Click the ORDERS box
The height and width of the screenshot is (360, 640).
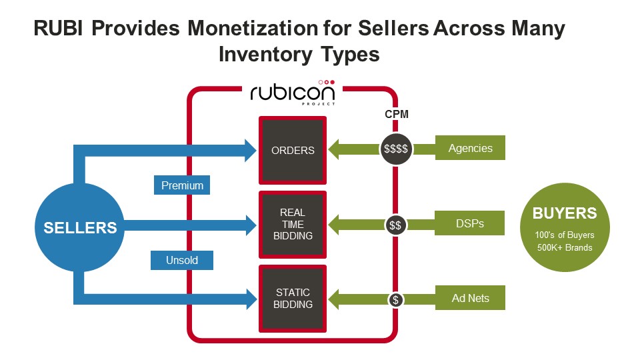(x=293, y=150)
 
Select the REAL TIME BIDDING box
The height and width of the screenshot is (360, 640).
(x=293, y=224)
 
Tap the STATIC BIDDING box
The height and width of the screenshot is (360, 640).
(x=293, y=298)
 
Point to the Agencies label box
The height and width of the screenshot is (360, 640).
(x=470, y=148)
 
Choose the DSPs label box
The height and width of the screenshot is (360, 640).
(x=470, y=224)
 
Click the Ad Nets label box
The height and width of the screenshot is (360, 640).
(x=470, y=298)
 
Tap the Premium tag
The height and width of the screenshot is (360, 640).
(x=182, y=185)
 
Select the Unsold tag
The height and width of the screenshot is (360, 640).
(x=182, y=260)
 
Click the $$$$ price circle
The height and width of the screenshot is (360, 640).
(x=396, y=149)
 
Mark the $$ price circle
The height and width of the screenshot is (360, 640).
(x=395, y=225)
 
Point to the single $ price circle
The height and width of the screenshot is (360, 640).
(x=395, y=299)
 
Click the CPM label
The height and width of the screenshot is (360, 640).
(x=396, y=114)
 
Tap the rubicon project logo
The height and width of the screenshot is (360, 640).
(x=293, y=93)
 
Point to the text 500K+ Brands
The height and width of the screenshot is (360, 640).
(x=564, y=248)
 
